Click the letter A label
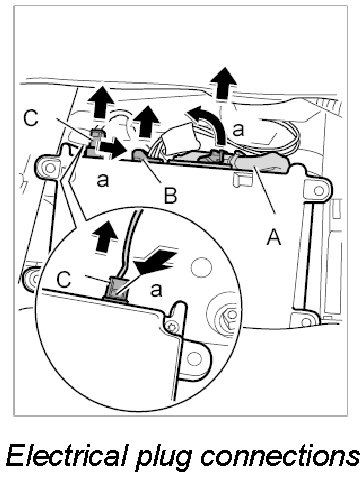(x=274, y=236)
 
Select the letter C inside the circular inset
(x=64, y=279)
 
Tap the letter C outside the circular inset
(x=31, y=118)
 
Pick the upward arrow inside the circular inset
(x=106, y=236)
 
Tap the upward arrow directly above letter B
(x=147, y=121)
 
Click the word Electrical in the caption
(x=68, y=456)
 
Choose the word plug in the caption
(x=162, y=458)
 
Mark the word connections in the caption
(x=278, y=456)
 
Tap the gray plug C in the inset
(x=116, y=288)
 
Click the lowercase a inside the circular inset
(x=156, y=289)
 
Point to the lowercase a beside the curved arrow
(x=238, y=130)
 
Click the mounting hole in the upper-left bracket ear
(x=50, y=167)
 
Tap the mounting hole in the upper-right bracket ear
(x=318, y=190)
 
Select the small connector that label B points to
(x=139, y=155)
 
